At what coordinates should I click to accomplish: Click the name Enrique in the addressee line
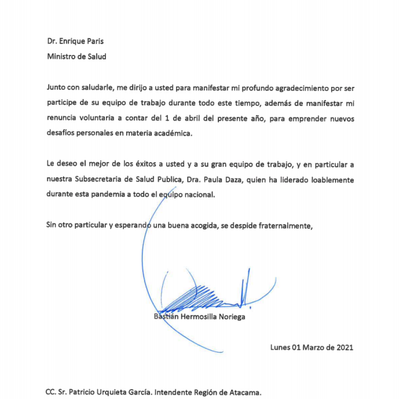72,41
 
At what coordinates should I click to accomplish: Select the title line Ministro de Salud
76,56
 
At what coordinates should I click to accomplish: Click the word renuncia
62,119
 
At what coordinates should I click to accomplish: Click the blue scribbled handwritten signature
203,296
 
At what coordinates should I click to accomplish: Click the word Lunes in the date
280,347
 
